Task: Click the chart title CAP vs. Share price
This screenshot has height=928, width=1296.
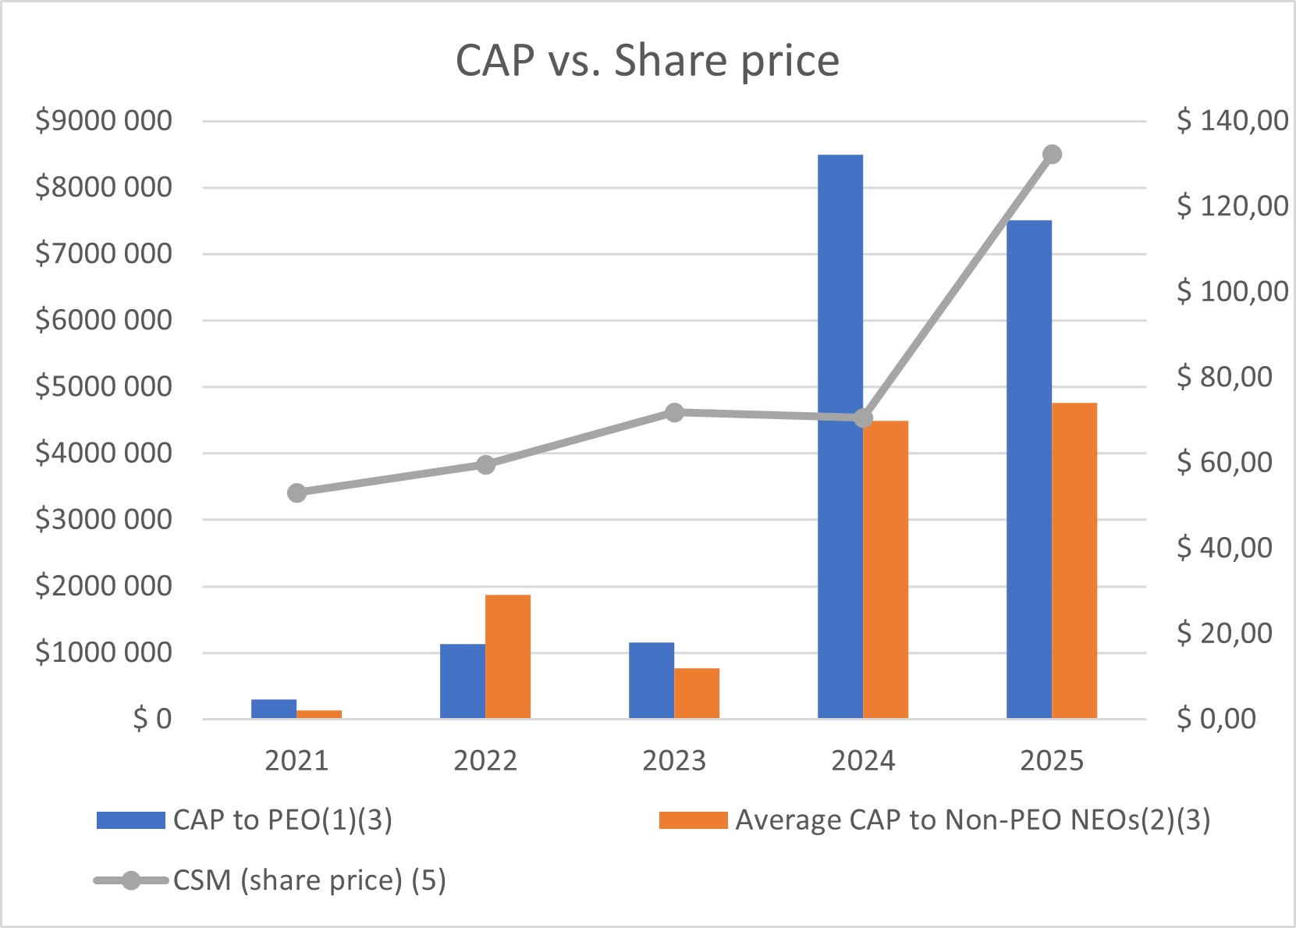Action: click(647, 60)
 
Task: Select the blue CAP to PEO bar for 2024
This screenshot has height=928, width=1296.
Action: click(840, 437)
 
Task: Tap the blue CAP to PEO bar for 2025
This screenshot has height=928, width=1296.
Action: click(1029, 468)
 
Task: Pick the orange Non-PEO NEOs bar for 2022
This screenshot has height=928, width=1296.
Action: click(508, 656)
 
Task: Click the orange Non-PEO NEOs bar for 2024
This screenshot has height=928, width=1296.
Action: click(886, 570)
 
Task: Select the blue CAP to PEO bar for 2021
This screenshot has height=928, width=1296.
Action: click(274, 709)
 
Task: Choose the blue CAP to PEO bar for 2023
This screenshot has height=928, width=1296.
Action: click(652, 681)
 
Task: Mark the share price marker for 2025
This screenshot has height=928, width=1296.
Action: click(1052, 155)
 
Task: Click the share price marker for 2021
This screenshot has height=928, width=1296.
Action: click(296, 492)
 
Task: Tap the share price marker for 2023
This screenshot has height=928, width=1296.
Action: click(674, 413)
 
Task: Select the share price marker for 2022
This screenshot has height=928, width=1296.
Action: click(485, 465)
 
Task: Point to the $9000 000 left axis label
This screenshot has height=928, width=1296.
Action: click(104, 121)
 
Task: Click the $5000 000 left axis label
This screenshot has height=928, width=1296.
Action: click(104, 386)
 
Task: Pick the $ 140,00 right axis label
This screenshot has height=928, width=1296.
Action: click(1233, 120)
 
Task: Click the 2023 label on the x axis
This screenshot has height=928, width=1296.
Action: click(674, 760)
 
